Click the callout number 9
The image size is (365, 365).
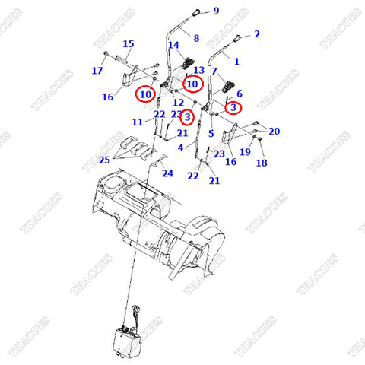[x=216, y=11]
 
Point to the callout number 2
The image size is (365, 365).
[x=257, y=34]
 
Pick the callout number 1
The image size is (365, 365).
[x=236, y=61]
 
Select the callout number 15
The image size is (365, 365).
[x=129, y=43]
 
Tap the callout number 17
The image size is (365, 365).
[x=97, y=71]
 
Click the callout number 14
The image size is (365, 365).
[x=173, y=46]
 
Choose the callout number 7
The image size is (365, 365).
[x=214, y=71]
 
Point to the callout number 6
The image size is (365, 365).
[x=239, y=94]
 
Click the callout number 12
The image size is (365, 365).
[x=178, y=102]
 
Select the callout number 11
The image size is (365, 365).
[x=137, y=122]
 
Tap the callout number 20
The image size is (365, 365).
[x=274, y=131]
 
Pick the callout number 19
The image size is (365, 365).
[x=246, y=151]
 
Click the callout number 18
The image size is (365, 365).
[x=262, y=163]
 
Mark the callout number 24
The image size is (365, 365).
[x=167, y=173]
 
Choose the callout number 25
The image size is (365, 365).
[x=104, y=159]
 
